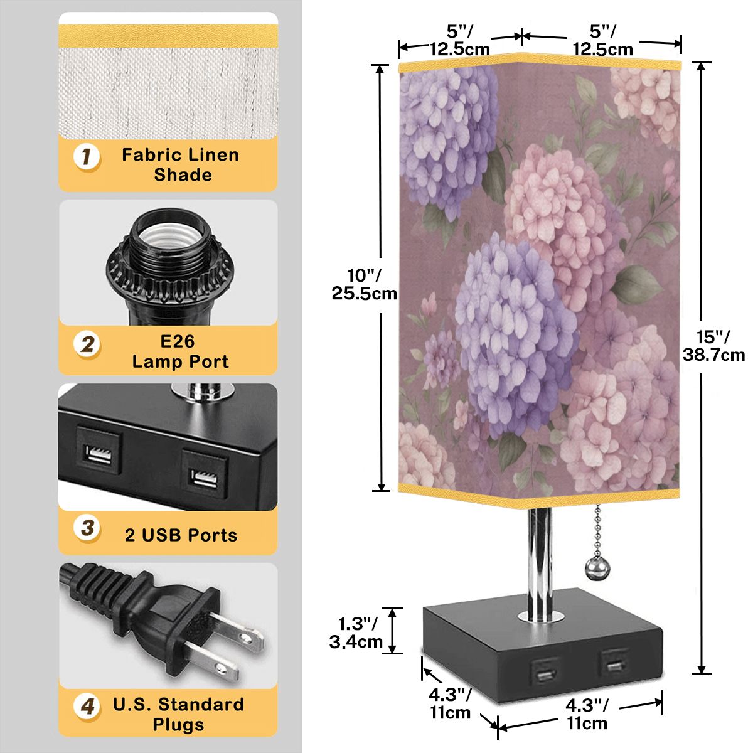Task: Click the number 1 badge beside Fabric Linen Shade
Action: pos(87,157)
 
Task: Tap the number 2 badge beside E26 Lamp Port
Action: pos(87,344)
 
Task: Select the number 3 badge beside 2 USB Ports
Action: pos(87,528)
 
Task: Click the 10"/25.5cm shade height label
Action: pos(364,284)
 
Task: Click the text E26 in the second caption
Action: pos(177,341)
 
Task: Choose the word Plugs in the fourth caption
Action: pos(178,725)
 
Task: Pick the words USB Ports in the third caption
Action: pos(189,535)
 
